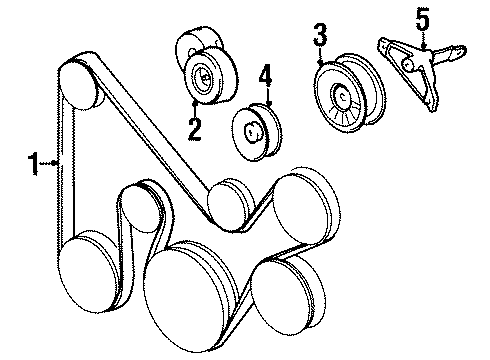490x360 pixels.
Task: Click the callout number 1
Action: pyautogui.click(x=33, y=160)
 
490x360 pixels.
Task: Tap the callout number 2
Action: pyautogui.click(x=193, y=127)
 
